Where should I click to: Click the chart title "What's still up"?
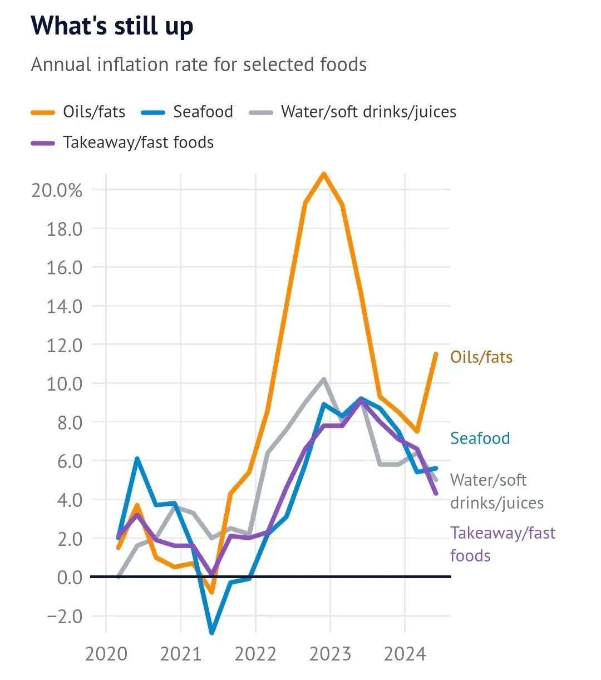click(x=112, y=26)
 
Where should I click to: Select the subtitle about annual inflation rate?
click(x=199, y=65)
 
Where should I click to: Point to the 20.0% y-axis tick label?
click(x=57, y=190)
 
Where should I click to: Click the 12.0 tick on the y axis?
click(x=65, y=345)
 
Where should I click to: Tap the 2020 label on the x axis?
click(x=106, y=653)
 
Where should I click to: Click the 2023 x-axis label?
click(x=330, y=653)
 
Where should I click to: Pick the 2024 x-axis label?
click(x=405, y=653)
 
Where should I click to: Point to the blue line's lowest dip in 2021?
click(x=212, y=633)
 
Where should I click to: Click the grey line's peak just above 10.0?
click(x=324, y=380)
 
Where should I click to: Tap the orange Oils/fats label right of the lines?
click(x=481, y=357)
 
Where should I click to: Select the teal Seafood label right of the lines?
click(x=480, y=438)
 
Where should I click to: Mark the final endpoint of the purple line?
click(x=436, y=493)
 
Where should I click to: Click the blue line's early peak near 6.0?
click(x=137, y=459)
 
